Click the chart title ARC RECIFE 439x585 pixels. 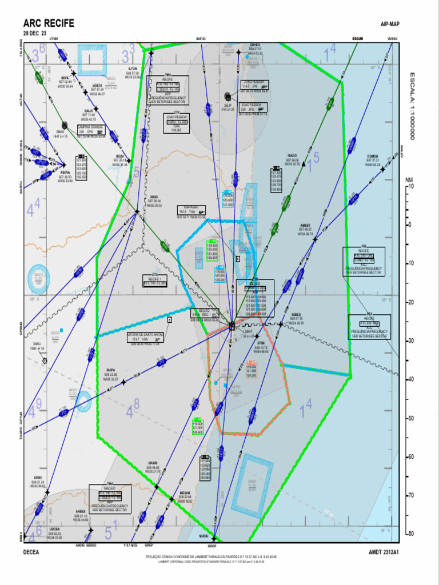click(49, 23)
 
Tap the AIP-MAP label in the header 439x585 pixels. click(390, 24)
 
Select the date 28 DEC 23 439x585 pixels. click(35, 33)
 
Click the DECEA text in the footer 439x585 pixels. click(31, 552)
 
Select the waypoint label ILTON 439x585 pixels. click(133, 69)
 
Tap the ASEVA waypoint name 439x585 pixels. click(65, 172)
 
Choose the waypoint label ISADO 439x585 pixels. click(292, 155)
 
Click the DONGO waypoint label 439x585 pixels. click(373, 156)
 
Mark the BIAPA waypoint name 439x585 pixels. click(111, 370)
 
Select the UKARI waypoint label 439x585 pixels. click(153, 463)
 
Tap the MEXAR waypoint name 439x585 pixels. click(185, 492)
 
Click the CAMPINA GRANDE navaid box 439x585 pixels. click(90, 131)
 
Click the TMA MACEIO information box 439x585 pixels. click(110, 498)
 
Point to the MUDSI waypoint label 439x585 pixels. click(203, 536)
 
